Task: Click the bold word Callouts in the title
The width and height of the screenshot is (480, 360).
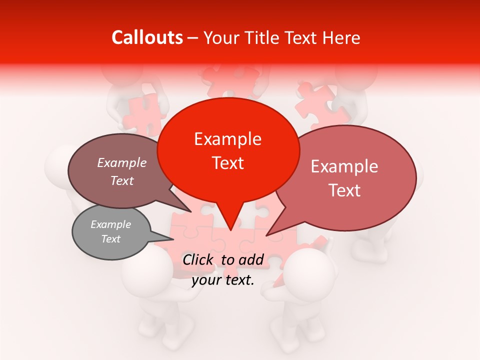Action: point(147,37)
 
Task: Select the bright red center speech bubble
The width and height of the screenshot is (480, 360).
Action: point(228,150)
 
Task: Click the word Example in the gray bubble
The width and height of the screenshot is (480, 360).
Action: point(111,224)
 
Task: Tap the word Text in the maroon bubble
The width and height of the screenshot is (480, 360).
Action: point(122,181)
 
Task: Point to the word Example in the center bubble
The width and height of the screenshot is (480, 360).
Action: point(228,139)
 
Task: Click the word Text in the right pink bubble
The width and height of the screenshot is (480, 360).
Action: point(345,190)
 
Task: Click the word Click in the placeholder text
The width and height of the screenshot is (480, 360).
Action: point(199,259)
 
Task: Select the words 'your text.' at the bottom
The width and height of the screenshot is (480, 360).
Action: point(223,280)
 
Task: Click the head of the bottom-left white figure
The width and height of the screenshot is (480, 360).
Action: point(147,270)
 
